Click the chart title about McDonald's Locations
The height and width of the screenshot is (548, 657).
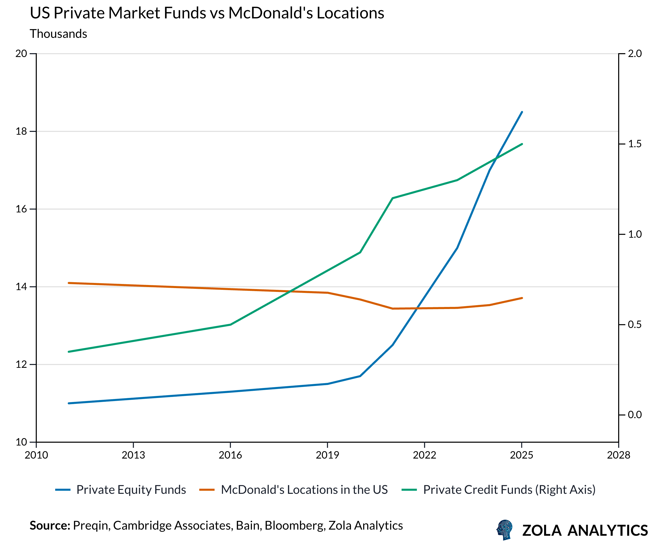tap(207, 13)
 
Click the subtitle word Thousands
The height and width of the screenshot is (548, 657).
tap(58, 34)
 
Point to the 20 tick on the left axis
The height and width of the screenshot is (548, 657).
tap(21, 53)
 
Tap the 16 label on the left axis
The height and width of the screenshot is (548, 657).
tap(21, 209)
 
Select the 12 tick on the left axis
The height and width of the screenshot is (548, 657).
tap(21, 364)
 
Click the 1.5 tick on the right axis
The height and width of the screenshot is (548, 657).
tap(635, 144)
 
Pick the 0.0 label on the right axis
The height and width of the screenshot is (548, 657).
tap(635, 415)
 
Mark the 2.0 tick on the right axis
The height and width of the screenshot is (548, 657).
tap(635, 53)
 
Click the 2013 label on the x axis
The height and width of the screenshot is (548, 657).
tap(133, 455)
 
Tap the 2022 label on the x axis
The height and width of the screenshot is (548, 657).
tap(424, 455)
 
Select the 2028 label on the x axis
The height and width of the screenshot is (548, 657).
tap(618, 455)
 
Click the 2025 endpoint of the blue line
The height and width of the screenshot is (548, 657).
tap(522, 112)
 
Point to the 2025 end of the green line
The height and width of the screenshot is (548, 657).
tap(522, 144)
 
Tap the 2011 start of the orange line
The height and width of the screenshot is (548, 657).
tap(69, 283)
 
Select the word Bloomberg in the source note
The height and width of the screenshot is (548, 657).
tap(294, 526)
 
